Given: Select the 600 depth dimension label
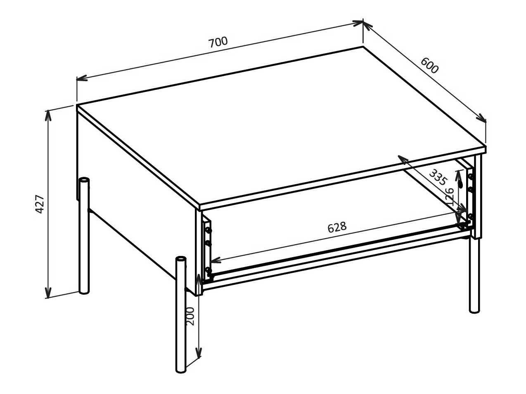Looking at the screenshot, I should (429, 65).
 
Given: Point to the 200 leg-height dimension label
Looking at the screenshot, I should (190, 316).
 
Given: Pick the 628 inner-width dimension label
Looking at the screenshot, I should (336, 227).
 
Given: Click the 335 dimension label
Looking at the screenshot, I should (438, 177).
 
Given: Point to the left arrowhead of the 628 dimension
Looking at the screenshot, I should (214, 260).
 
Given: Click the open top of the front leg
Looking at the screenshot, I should (180, 259).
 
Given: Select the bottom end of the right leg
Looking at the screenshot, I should (475, 310).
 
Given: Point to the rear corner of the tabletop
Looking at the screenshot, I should (363, 47).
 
